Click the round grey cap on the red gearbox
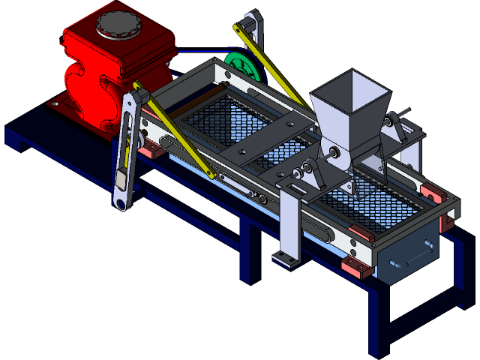pyautogui.click(x=118, y=25)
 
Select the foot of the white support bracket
pyautogui.click(x=285, y=260)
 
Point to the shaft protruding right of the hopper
pyautogui.click(x=398, y=117)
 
